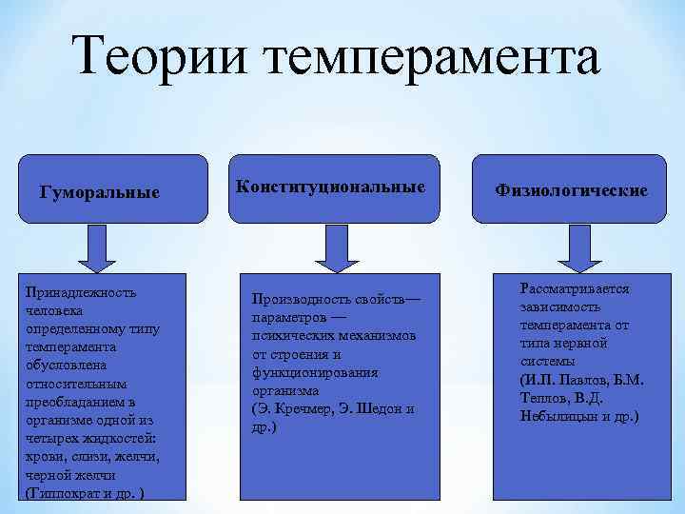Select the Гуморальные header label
99,192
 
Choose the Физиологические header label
572,190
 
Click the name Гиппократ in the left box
67,493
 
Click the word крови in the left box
45,457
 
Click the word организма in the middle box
285,391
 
